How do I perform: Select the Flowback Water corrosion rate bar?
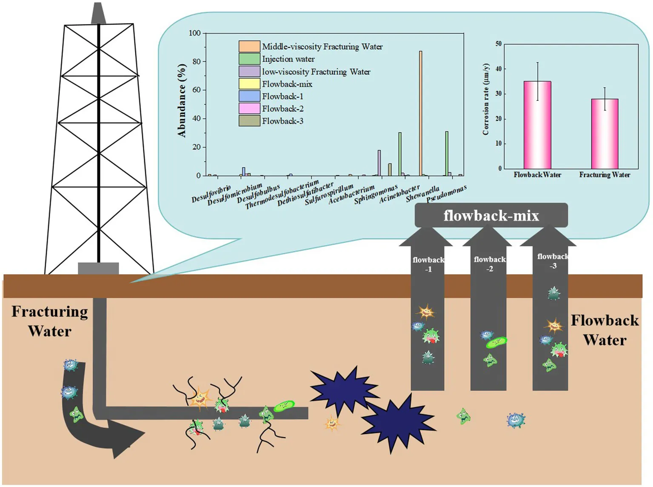pyautogui.click(x=537, y=125)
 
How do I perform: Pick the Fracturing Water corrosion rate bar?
pyautogui.click(x=605, y=134)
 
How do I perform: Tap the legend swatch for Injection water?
pyautogui.click(x=249, y=59)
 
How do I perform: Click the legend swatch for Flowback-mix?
pyautogui.click(x=249, y=84)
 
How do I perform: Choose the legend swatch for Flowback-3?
pyautogui.click(x=249, y=121)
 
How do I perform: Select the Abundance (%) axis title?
pyautogui.click(x=182, y=100)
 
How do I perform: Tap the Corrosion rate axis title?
pyautogui.click(x=486, y=99)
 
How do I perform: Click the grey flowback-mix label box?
pyautogui.click(x=491, y=215)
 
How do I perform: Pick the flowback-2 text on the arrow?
pyautogui.click(x=490, y=264)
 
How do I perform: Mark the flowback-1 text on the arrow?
pyautogui.click(x=428, y=264)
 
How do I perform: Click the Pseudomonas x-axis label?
pyautogui.click(x=447, y=194)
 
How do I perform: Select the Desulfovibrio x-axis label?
pyautogui.click(x=211, y=194)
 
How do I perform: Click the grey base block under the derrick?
pyautogui.click(x=98, y=268)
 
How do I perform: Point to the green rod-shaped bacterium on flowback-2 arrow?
pyautogui.click(x=496, y=342)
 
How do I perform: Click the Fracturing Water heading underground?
pyautogui.click(x=50, y=321)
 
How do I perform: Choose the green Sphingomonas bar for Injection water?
pyautogui.click(x=400, y=154)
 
